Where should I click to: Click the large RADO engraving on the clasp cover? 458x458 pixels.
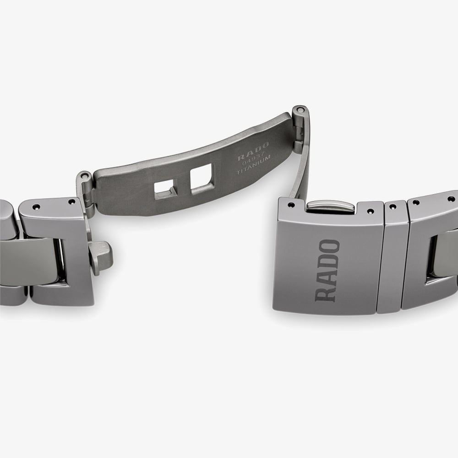click(327, 271)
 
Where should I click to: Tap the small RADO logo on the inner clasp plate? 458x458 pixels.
click(253, 152)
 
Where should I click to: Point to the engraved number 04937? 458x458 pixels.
click(254, 159)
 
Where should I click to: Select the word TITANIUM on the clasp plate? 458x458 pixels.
click(254, 165)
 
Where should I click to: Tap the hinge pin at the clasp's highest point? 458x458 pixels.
click(299, 110)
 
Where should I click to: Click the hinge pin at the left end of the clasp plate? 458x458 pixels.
click(84, 176)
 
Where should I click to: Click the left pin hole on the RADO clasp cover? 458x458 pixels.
click(291, 205)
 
